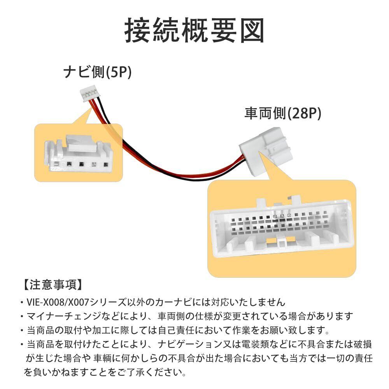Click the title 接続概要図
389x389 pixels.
click(194, 30)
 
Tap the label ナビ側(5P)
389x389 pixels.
click(97, 72)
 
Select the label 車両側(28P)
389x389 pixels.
click(283, 113)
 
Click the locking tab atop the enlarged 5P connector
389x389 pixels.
click(80, 143)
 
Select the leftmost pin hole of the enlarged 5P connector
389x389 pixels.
click(56, 164)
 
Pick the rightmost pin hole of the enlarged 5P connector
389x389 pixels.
click(106, 165)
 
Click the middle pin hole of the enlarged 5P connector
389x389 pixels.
click(81, 164)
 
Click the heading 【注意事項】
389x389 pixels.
click(53, 285)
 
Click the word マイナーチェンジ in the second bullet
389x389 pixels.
click(64, 316)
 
